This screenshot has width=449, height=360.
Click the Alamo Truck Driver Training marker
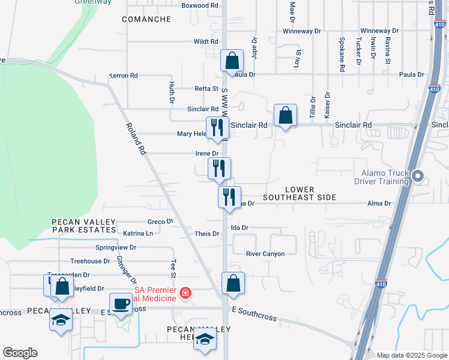(419, 176)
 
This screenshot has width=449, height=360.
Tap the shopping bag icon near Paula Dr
(232, 61)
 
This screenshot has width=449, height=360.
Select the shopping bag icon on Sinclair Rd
(285, 114)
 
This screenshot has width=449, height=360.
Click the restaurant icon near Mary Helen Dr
(217, 127)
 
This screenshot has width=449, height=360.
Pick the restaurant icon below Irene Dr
(220, 168)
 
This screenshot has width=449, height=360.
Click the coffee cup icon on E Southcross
(121, 304)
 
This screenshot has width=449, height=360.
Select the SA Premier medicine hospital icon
(186, 293)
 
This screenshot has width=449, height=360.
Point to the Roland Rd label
(136, 139)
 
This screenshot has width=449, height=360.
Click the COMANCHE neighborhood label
(146, 19)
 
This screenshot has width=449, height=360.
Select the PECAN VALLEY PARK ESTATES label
(83, 226)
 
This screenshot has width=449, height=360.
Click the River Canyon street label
(265, 254)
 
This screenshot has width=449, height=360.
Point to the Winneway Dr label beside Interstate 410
(379, 31)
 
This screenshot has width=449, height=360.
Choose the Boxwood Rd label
(200, 5)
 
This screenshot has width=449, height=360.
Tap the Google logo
(20, 353)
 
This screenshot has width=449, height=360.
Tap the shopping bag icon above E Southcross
(233, 283)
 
